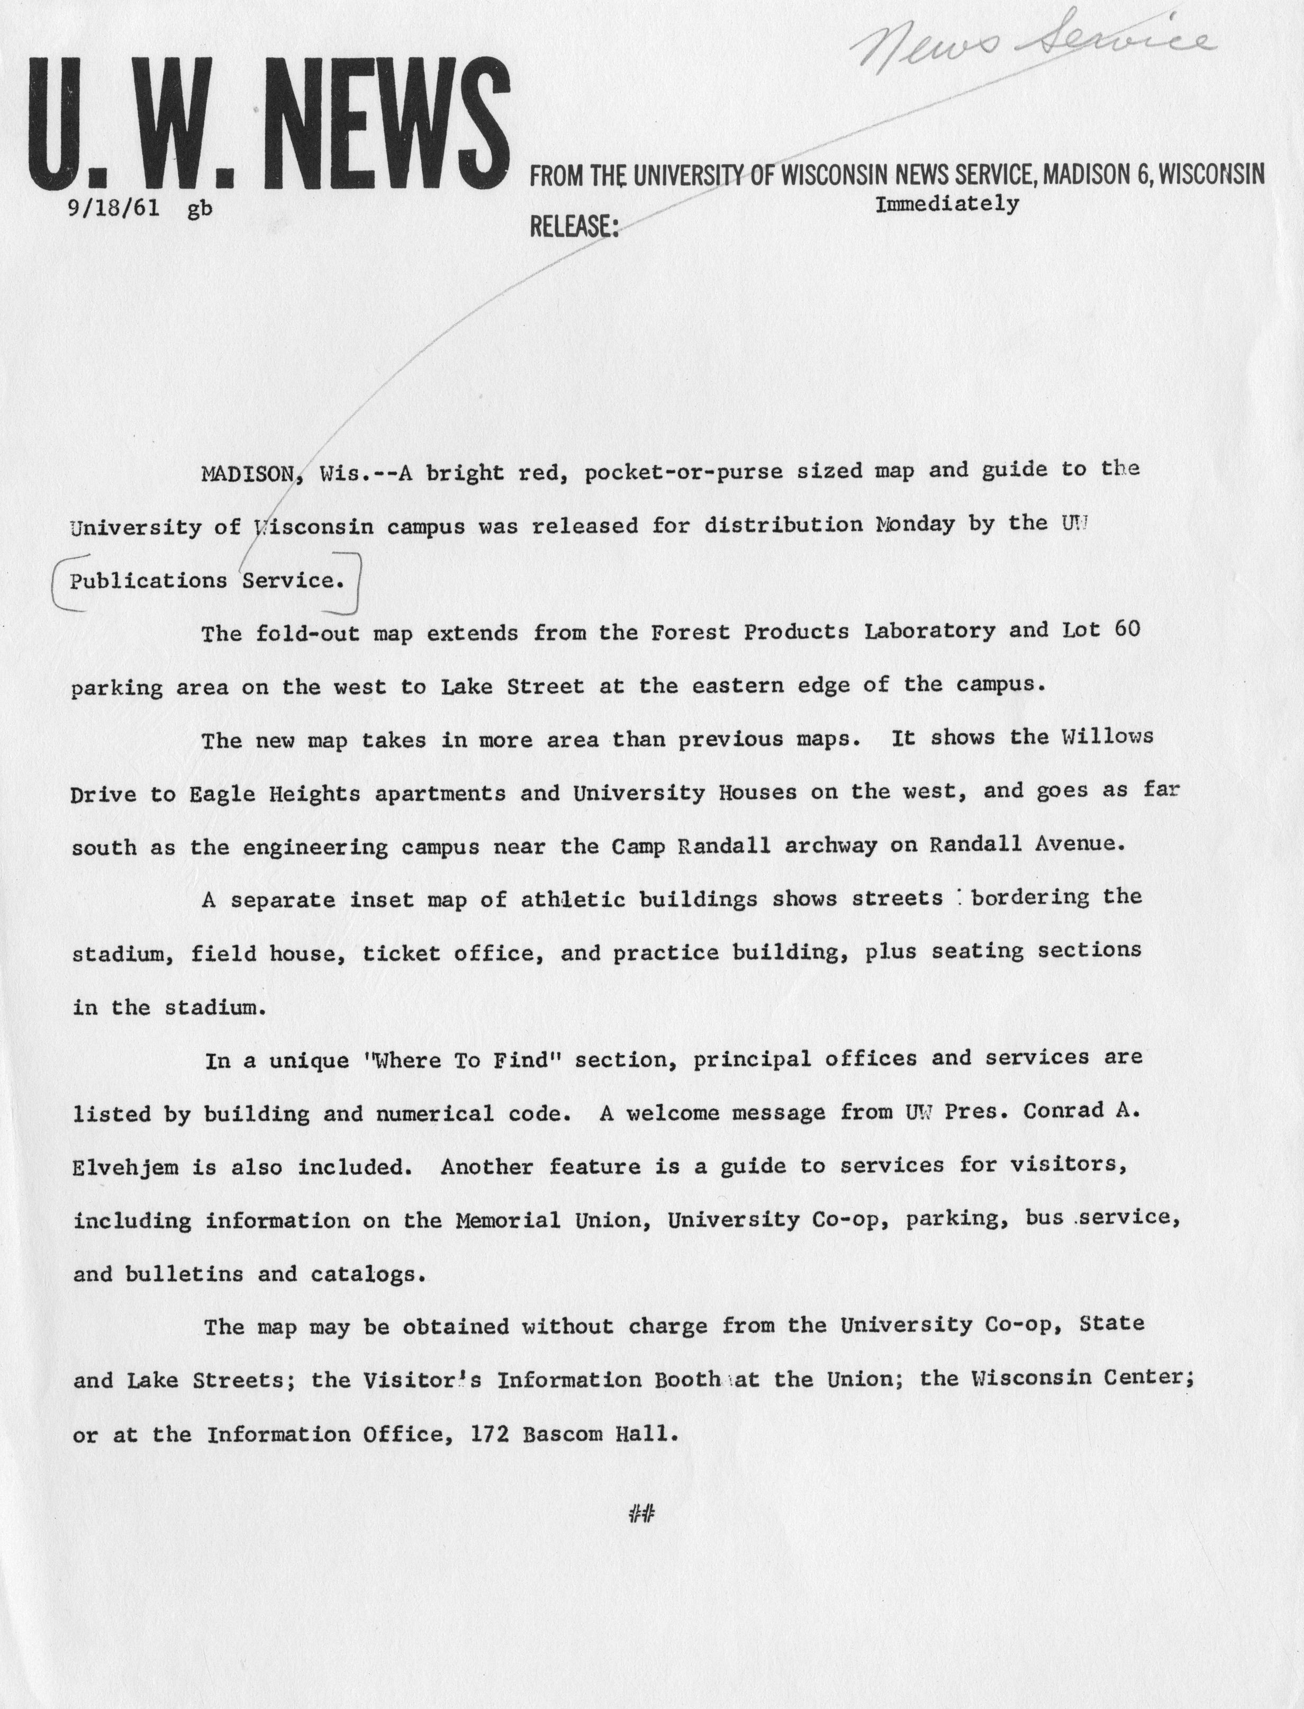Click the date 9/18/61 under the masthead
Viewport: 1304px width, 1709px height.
[x=114, y=210]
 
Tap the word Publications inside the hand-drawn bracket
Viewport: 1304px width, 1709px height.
[x=148, y=581]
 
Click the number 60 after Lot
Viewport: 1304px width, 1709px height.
[x=1127, y=629]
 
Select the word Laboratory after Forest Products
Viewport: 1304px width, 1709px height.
[x=930, y=631]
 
